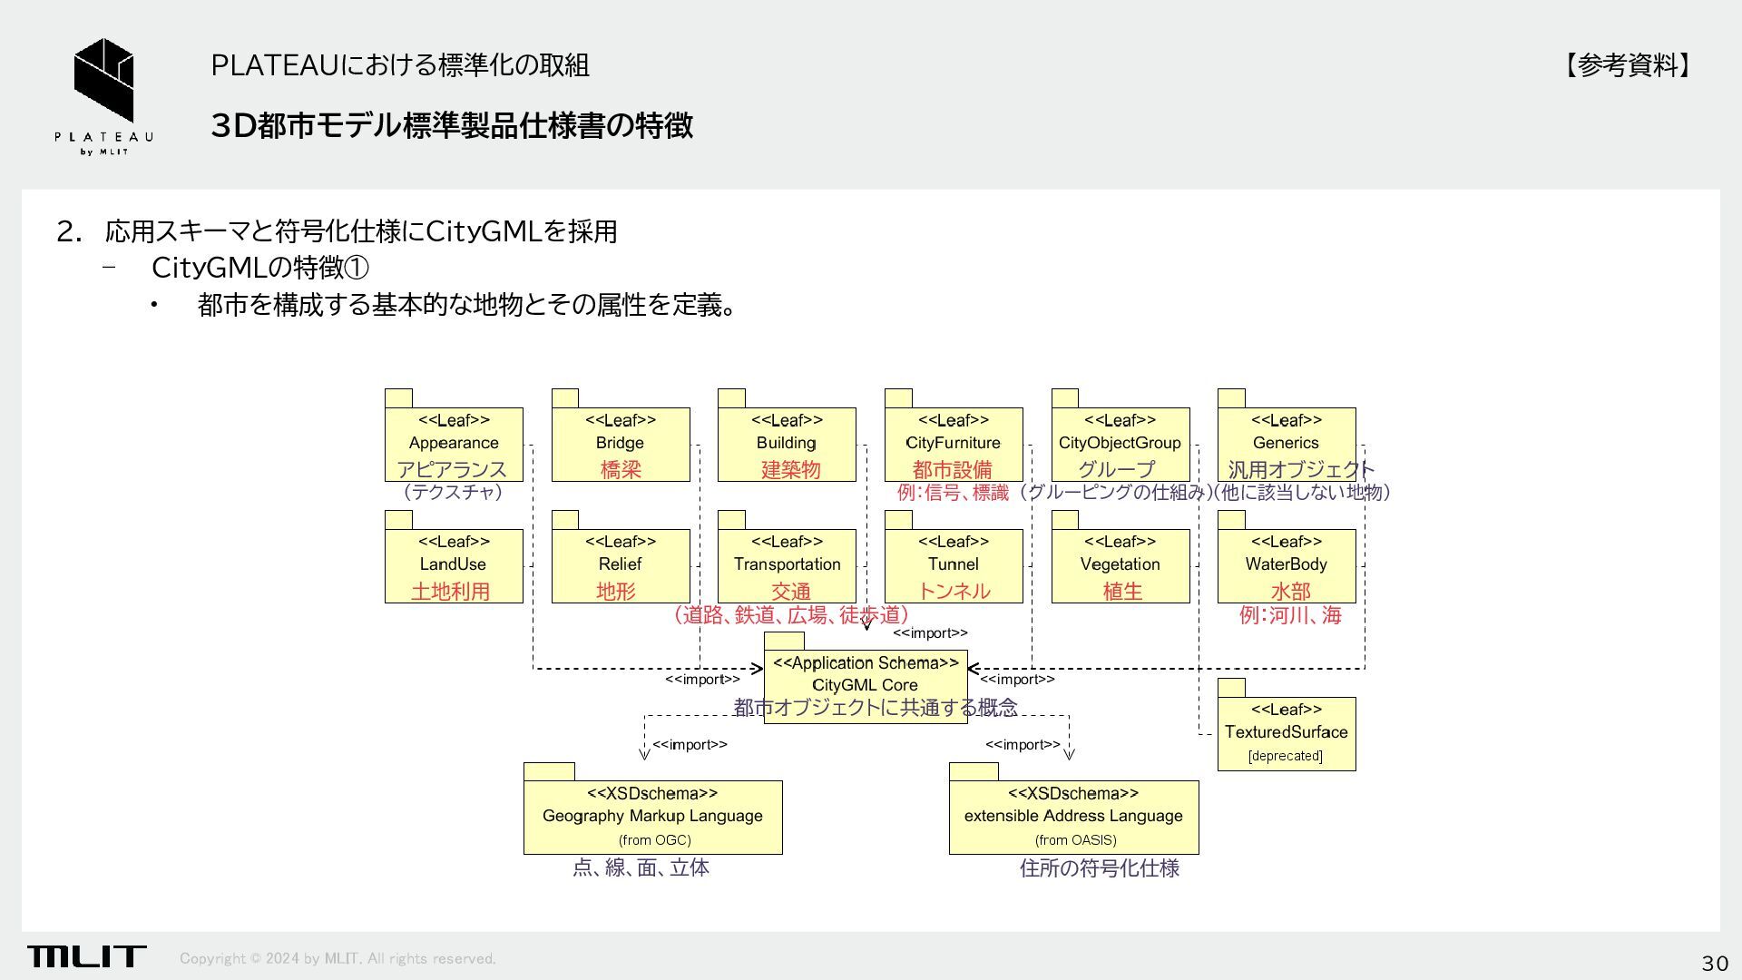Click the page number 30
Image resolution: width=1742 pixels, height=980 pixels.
pyautogui.click(x=1714, y=963)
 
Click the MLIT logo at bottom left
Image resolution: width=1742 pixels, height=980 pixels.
pyautogui.click(x=86, y=956)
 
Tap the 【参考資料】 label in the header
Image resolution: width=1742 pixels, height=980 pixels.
pyautogui.click(x=1628, y=65)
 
